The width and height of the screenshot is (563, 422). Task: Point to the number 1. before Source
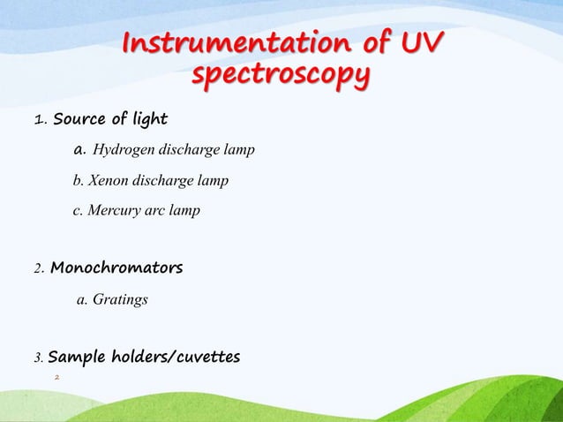pyautogui.click(x=40, y=119)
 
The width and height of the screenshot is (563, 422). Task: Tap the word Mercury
pyautogui.click(x=112, y=211)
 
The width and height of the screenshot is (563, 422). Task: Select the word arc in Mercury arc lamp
pyautogui.click(x=158, y=212)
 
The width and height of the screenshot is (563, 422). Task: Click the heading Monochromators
pyautogui.click(x=116, y=267)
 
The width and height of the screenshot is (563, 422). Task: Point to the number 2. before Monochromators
pyautogui.click(x=39, y=268)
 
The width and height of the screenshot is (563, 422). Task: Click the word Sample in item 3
pyautogui.click(x=75, y=358)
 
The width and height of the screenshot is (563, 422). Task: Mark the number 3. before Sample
pyautogui.click(x=38, y=358)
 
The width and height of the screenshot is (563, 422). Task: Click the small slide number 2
pyautogui.click(x=56, y=378)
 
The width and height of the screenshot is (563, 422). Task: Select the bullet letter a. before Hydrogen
pyautogui.click(x=79, y=150)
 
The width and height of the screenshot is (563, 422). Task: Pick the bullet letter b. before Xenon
pyautogui.click(x=77, y=181)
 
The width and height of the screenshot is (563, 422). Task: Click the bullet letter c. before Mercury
pyautogui.click(x=77, y=212)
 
